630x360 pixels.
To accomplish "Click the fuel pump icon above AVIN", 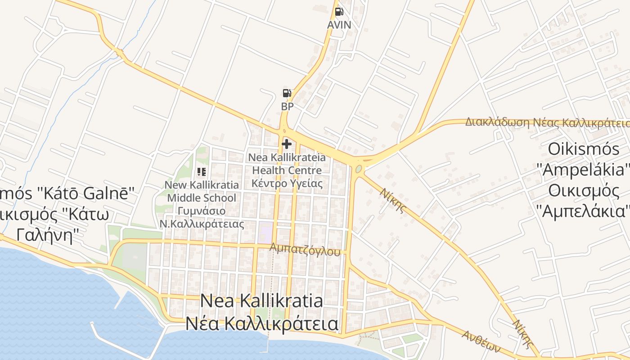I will coord(339,12).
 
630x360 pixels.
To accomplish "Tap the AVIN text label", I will coord(339,25).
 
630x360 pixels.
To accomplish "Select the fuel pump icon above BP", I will coord(287,93).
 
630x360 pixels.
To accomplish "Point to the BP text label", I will coord(287,107).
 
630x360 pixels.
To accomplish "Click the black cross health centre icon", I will coord(287,144).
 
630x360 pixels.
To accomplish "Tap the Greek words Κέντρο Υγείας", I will coord(287,183).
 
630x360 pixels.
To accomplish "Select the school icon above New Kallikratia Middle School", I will coord(202,171).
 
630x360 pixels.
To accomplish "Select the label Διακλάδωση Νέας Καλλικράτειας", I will coord(547,122).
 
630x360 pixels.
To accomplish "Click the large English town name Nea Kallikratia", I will coord(261,301).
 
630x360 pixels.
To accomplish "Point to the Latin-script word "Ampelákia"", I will coord(582,170).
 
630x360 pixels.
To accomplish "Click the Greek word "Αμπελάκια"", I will coord(582,211).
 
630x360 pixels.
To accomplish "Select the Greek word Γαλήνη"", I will coord(45,234).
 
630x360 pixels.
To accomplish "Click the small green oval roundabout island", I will coord(359,169).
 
